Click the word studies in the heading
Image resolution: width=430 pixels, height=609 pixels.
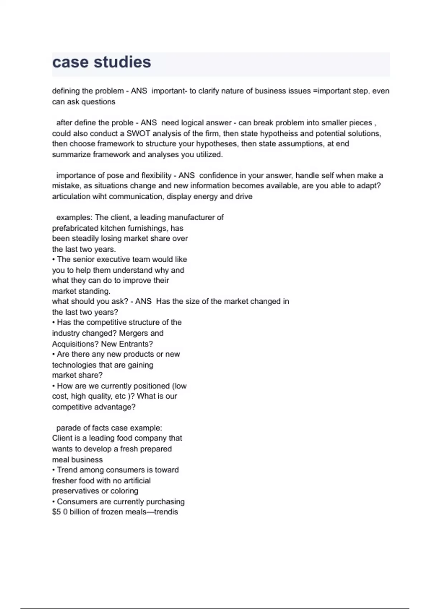pyautogui.click(x=122, y=62)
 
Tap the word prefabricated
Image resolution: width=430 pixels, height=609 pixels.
pyautogui.click(x=75, y=228)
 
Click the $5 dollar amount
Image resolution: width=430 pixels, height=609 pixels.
pyautogui.click(x=56, y=512)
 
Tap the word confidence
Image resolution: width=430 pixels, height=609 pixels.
pyautogui.click(x=218, y=176)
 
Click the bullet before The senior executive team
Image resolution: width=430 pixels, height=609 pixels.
pyautogui.click(x=54, y=259)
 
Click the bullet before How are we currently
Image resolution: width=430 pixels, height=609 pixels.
pyautogui.click(x=54, y=386)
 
